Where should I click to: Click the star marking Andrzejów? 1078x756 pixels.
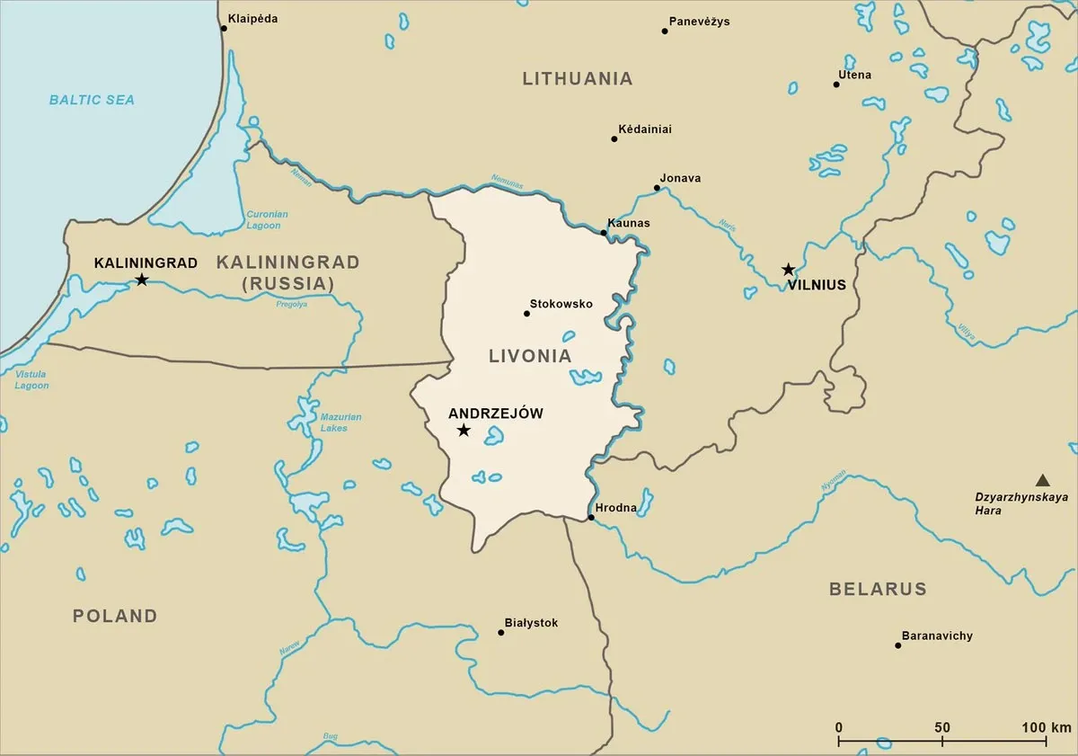[x=464, y=431]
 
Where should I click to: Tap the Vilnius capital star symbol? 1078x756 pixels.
[x=788, y=269]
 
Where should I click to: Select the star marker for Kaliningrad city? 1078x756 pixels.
[x=141, y=280]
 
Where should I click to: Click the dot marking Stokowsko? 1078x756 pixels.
[x=526, y=314]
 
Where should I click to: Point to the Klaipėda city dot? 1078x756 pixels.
[x=224, y=28]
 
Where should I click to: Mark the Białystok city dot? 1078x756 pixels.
[x=500, y=632]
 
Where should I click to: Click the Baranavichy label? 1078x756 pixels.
[x=937, y=636]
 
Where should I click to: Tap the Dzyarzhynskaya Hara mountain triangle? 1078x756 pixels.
[x=1042, y=480]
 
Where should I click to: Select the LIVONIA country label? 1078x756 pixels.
[x=530, y=356]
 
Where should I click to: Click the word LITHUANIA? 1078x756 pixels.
[x=578, y=78]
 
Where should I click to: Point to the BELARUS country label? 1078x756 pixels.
[x=877, y=589]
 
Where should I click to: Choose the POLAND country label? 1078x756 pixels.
[x=115, y=616]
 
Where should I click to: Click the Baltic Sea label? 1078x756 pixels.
[x=92, y=100]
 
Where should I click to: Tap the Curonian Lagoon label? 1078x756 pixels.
[x=267, y=220]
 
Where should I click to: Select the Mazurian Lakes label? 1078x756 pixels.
[x=340, y=422]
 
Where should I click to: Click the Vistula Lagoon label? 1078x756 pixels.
[x=31, y=379]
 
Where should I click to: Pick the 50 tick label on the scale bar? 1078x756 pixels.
[x=942, y=727]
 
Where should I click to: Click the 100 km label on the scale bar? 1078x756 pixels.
[x=1046, y=727]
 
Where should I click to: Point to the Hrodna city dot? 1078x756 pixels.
[x=590, y=518]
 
